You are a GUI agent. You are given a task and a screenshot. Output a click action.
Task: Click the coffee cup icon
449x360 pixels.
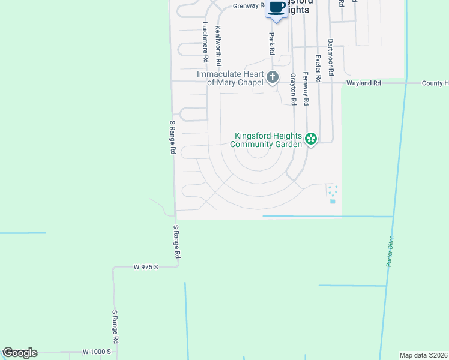click(277, 7)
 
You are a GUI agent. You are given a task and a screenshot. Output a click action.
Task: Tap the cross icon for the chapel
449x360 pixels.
click(273, 77)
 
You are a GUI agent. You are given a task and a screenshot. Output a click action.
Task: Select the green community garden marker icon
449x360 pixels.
click(311, 139)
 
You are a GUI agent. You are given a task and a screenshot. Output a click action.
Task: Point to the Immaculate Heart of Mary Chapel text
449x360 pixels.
click(231, 77)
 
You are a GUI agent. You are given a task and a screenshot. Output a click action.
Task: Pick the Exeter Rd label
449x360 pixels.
click(318, 68)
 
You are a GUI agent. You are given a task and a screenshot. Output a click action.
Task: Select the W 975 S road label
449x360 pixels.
click(145, 267)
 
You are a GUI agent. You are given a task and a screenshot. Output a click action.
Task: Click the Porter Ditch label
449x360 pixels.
click(391, 251)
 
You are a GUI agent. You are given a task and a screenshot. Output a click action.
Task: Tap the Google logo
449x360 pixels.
click(20, 353)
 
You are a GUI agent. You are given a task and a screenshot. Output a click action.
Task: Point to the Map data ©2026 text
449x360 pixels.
click(423, 355)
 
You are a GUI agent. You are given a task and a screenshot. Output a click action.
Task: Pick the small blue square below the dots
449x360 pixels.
click(333, 201)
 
